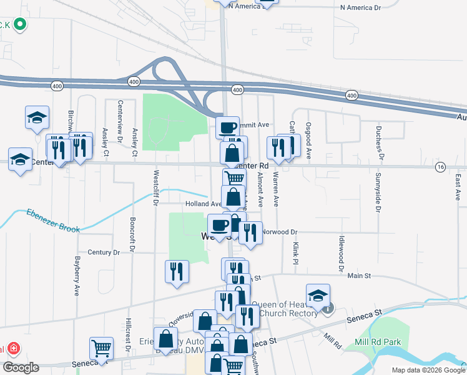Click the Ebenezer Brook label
[x=53, y=221]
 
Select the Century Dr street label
[x=104, y=252]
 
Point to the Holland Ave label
[x=202, y=204]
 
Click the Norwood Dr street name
[x=279, y=232]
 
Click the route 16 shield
[x=441, y=166]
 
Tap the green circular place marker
[x=19, y=24]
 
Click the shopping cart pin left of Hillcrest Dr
[x=101, y=348]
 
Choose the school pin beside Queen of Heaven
[x=318, y=296]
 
